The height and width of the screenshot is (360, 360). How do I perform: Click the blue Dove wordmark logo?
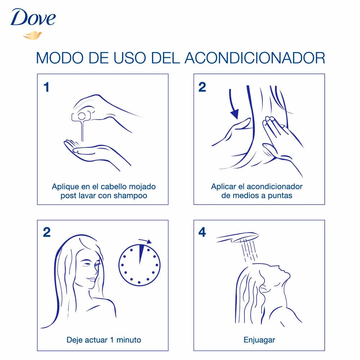coord(33,18)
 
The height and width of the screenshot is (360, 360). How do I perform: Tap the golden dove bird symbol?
coord(32,35)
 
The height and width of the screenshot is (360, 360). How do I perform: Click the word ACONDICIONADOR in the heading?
coord(255,58)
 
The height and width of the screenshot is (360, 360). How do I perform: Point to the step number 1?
coord(46,87)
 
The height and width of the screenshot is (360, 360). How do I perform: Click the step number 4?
coord(202,233)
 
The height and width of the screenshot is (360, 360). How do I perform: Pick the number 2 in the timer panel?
coord(46,233)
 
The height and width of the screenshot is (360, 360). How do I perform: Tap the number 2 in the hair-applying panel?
coord(202,87)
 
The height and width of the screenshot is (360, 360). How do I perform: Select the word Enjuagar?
coord(259,340)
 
